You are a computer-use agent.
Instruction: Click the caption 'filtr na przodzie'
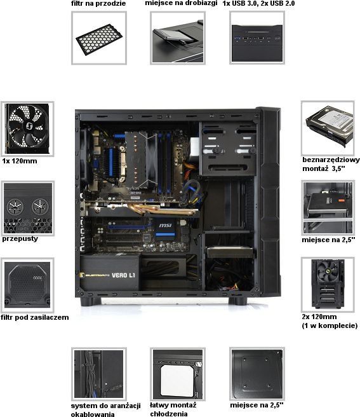click(98, 3)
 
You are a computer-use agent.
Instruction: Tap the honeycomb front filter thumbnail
click(99, 38)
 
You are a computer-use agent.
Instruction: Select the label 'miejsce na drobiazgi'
click(181, 3)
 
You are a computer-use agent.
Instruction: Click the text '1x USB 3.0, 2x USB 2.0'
click(258, 3)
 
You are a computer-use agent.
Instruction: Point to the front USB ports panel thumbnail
click(257, 38)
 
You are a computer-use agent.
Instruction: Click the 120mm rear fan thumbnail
click(27, 128)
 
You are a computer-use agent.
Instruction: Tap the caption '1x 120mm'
click(20, 161)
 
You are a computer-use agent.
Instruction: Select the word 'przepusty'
click(20, 238)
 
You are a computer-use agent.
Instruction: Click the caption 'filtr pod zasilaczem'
click(34, 317)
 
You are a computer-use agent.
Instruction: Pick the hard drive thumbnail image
click(328, 128)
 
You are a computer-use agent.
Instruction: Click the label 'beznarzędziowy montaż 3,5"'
click(331, 164)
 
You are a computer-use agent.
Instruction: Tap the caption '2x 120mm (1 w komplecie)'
click(330, 321)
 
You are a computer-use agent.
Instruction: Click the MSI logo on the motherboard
click(165, 226)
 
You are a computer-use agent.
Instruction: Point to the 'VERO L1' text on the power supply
click(123, 275)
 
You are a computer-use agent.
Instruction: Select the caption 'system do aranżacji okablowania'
click(105, 409)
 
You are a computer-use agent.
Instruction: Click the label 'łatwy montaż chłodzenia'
click(173, 409)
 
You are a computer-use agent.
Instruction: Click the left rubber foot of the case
click(91, 301)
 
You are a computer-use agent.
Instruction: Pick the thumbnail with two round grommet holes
click(28, 208)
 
